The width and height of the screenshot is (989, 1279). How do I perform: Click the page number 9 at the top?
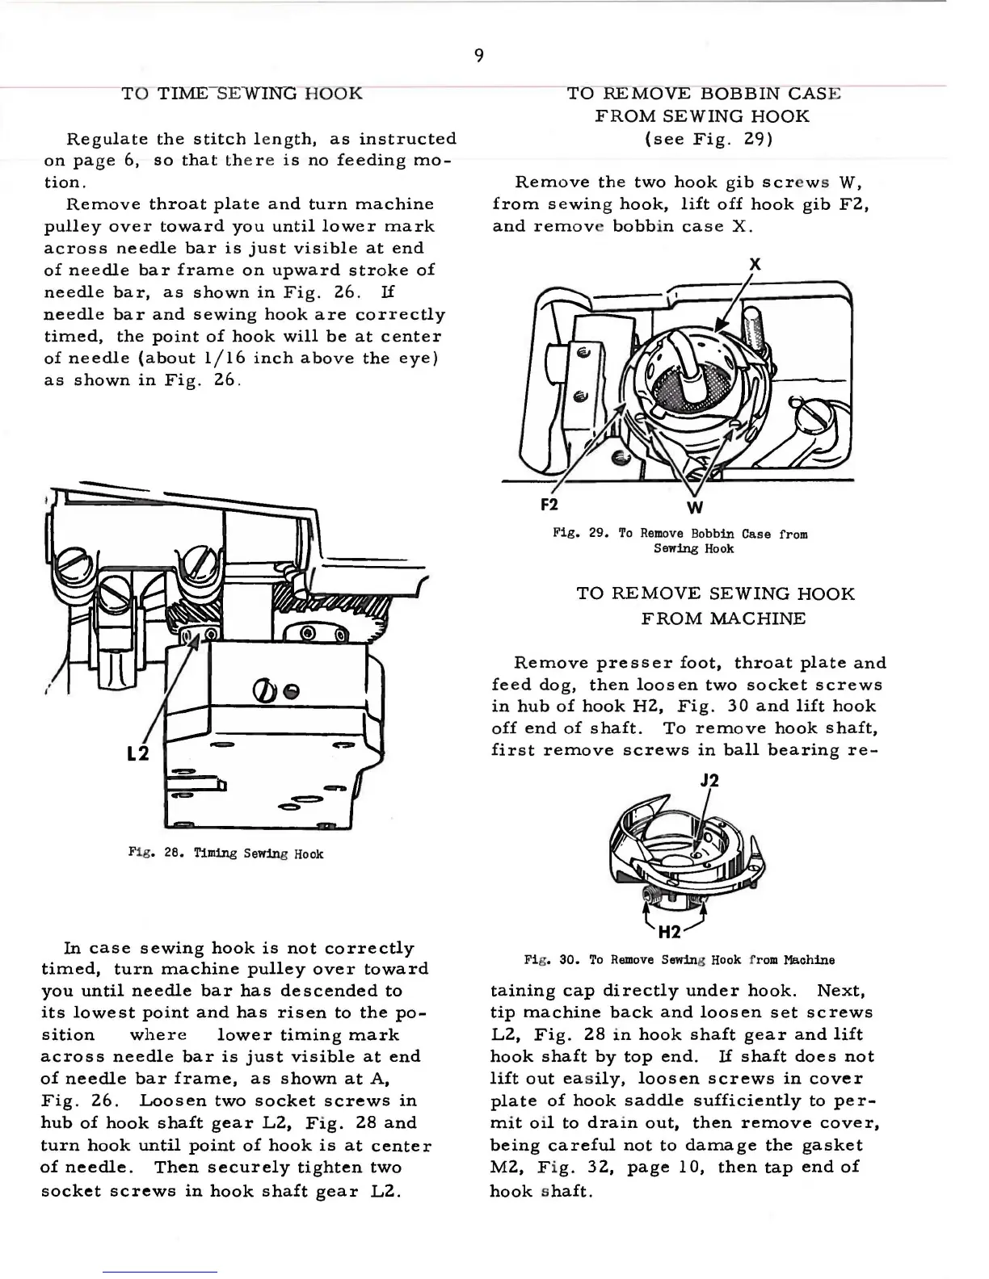point(478,55)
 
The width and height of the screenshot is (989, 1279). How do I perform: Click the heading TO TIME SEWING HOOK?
point(242,94)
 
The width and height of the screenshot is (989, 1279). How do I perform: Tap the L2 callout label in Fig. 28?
point(138,754)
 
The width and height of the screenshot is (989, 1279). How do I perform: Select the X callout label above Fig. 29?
point(755,265)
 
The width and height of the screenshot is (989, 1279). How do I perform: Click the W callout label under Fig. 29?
point(694,508)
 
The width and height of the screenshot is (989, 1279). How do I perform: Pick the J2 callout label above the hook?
point(709,781)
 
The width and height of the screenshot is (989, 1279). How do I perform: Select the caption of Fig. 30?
point(680,960)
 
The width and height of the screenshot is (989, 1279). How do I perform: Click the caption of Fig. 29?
point(681,541)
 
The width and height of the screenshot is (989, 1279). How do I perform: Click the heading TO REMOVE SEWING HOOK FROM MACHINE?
point(715,606)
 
